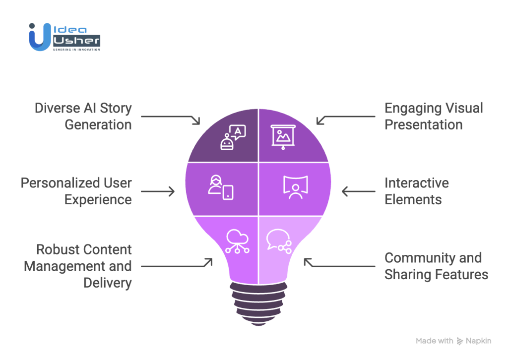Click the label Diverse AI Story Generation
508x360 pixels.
[83, 116]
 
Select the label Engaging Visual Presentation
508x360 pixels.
[434, 116]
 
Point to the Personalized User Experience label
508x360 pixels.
[76, 191]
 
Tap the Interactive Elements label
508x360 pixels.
[417, 191]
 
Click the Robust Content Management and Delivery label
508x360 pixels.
[78, 266]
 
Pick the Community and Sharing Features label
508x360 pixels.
[437, 266]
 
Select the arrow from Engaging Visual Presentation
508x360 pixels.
[346, 118]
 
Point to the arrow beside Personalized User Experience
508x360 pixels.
[158, 191]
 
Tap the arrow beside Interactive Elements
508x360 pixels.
[358, 191]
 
